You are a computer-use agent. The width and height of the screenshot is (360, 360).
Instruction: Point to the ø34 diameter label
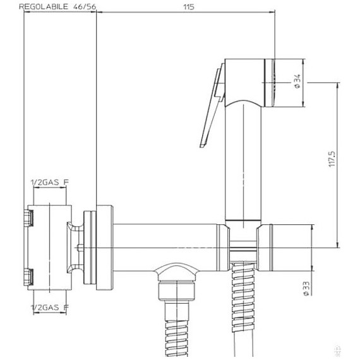[x=297, y=82]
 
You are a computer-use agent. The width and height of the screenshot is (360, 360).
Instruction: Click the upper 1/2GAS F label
[x=49, y=183]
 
